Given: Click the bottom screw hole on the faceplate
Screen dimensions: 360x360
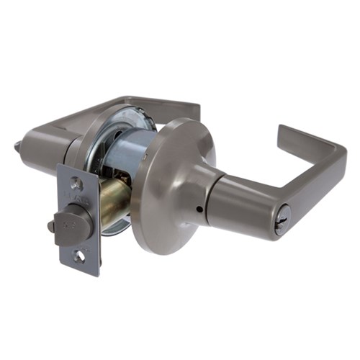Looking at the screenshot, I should pyautogui.click(x=78, y=255).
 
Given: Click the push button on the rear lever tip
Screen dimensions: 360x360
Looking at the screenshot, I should pyautogui.click(x=17, y=147).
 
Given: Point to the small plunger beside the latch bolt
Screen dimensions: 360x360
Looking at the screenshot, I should pyautogui.click(x=51, y=227).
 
